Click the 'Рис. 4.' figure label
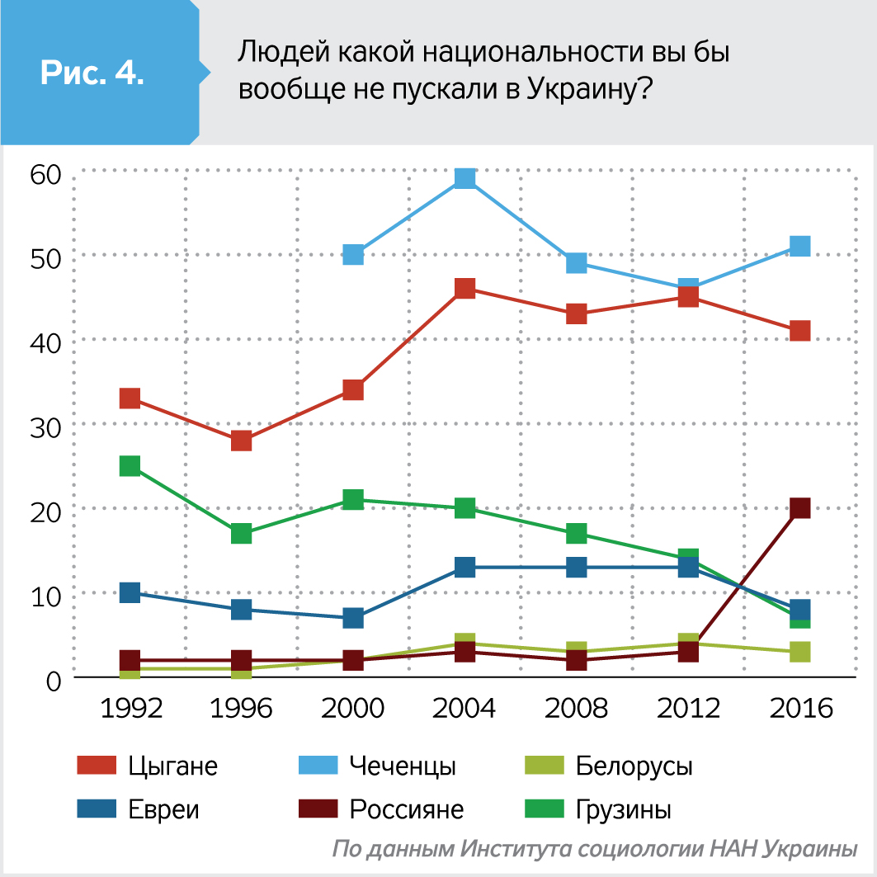tap(92, 73)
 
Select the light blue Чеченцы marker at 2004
tap(465, 178)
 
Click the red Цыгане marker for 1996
tap(241, 441)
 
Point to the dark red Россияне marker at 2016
tap(799, 508)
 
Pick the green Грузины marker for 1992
tap(130, 466)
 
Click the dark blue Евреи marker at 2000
tap(353, 618)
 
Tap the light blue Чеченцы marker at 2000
tap(353, 254)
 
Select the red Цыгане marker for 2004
tap(465, 288)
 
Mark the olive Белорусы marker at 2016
tap(799, 652)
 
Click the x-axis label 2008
tap(577, 709)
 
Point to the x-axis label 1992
tap(130, 709)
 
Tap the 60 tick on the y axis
tap(45, 174)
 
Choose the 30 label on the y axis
tap(45, 427)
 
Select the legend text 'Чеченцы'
tap(403, 766)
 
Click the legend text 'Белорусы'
tap(634, 766)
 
